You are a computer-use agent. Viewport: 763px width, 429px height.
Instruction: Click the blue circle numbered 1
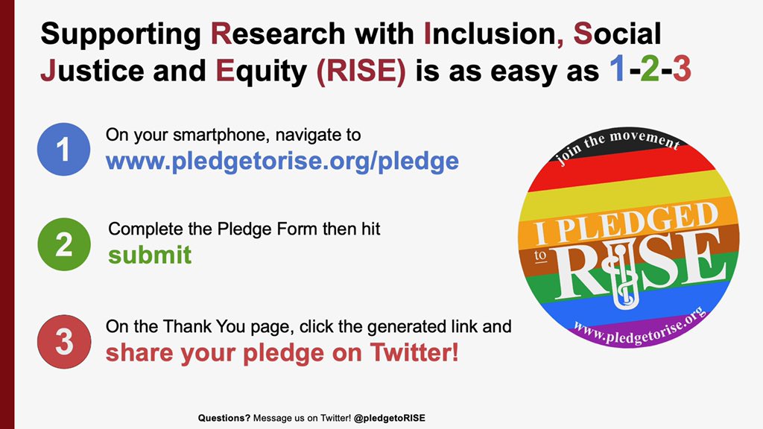(x=63, y=149)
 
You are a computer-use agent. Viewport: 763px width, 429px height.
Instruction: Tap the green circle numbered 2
(x=63, y=244)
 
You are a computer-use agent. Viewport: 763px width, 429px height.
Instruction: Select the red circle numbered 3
(x=63, y=342)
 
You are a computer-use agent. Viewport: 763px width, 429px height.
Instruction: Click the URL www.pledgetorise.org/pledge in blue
(x=282, y=160)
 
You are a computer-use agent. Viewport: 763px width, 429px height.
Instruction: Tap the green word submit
(x=150, y=255)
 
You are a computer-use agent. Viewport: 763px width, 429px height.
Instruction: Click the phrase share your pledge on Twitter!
(x=282, y=352)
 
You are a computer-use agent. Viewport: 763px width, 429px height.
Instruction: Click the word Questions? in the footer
(x=224, y=419)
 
